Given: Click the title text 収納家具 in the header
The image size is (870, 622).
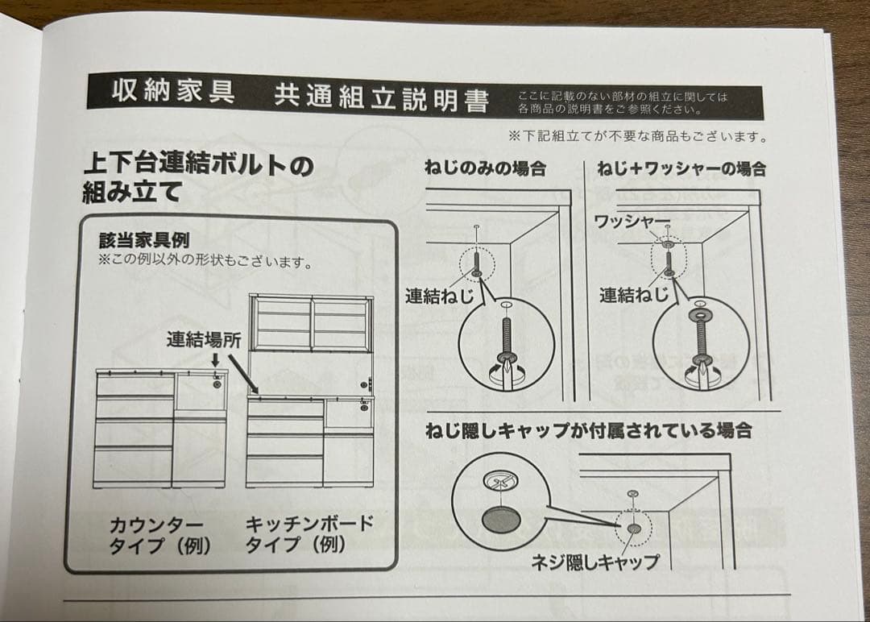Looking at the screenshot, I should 172,92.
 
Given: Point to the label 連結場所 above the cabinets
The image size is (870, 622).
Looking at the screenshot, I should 204,339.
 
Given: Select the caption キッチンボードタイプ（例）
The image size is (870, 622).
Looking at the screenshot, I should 309,534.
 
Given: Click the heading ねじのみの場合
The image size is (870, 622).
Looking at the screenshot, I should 485,168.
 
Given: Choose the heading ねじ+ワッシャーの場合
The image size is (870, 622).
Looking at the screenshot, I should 681,168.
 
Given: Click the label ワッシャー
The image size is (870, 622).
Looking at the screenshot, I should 632,221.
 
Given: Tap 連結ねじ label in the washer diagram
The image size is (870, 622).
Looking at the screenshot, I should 633,296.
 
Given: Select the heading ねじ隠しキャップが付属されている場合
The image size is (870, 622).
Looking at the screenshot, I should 588,430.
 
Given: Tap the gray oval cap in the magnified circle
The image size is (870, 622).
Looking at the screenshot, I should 501,520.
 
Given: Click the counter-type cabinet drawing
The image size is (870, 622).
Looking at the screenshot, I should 161,427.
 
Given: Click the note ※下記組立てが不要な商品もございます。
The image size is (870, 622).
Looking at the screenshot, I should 637,137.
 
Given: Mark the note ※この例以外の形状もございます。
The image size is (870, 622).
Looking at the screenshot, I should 205,261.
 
